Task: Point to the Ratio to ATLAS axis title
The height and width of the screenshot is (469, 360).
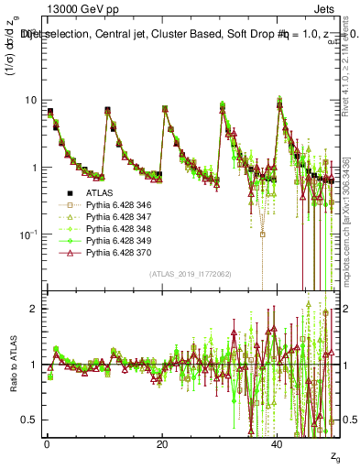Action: click(x=12, y=366)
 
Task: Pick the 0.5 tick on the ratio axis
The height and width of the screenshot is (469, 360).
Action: click(x=30, y=420)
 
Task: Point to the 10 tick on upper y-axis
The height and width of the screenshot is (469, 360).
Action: click(x=30, y=100)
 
